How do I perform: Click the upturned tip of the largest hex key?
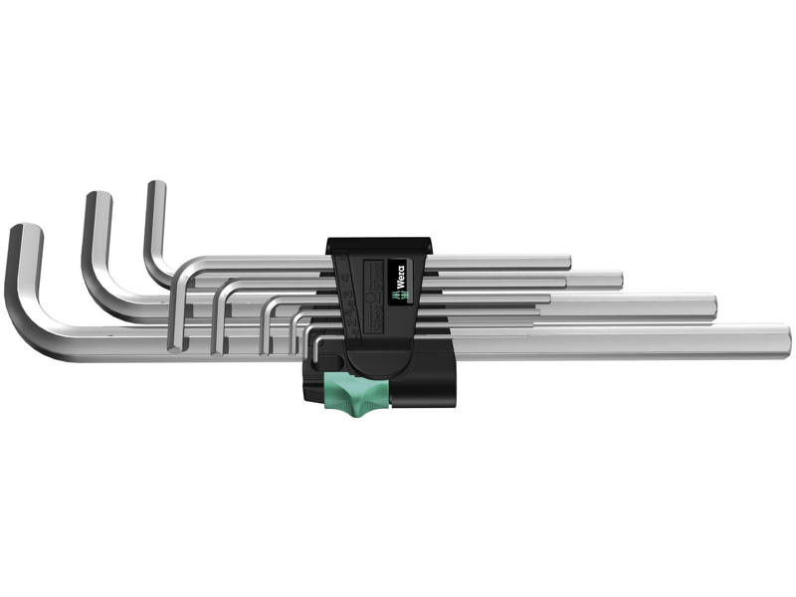click(x=26, y=232)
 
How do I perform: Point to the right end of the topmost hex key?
click(x=567, y=262)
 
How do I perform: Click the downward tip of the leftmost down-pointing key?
click(x=179, y=343)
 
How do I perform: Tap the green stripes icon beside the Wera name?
click(x=395, y=293)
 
